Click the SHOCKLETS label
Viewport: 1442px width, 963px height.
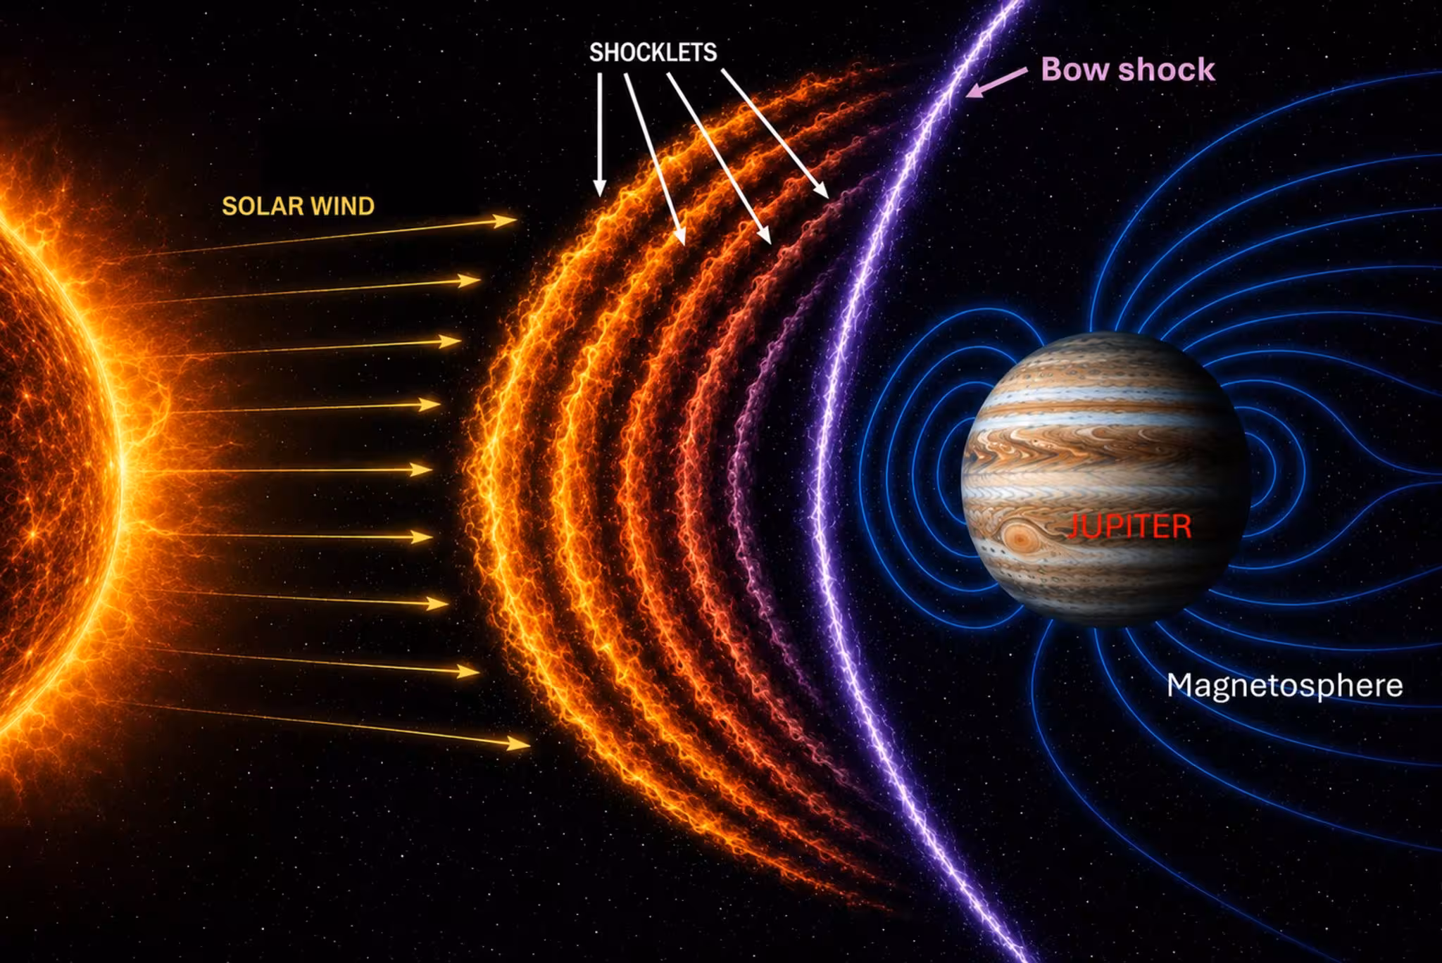653,53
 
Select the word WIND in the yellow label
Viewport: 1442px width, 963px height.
342,206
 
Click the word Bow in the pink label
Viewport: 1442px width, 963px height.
1074,70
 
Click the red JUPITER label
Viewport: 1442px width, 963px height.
1129,527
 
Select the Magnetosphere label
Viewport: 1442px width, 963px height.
1284,686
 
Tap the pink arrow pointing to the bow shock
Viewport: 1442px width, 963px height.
997,82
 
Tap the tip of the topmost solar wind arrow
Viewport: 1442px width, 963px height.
518,220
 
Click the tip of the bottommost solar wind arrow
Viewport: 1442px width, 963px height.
530,743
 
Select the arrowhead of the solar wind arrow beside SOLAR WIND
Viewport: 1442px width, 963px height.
518,220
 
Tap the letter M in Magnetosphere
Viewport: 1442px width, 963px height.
1179,684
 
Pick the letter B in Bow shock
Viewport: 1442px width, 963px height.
1051,70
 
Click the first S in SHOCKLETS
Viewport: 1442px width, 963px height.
596,53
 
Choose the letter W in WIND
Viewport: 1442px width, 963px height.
320,206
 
